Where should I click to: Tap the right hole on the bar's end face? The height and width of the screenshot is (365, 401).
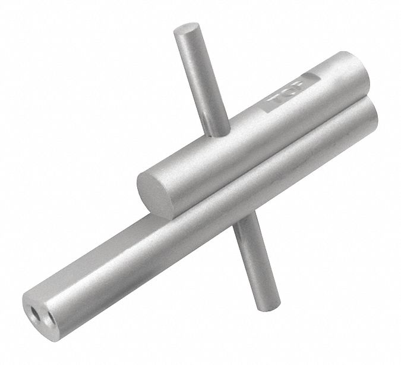coord(51,317)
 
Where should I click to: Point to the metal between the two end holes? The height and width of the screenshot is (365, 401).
coord(43,315)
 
